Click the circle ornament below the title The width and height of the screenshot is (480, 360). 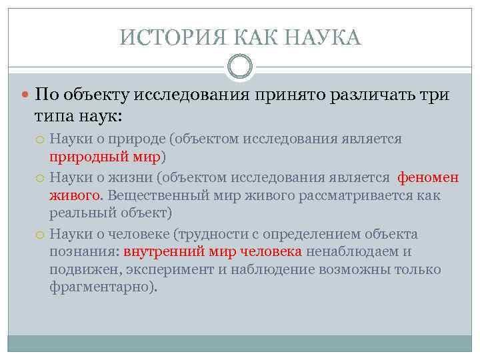point(240,67)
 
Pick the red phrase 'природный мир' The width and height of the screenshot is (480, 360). point(105,157)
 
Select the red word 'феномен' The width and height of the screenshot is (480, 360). point(428,177)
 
